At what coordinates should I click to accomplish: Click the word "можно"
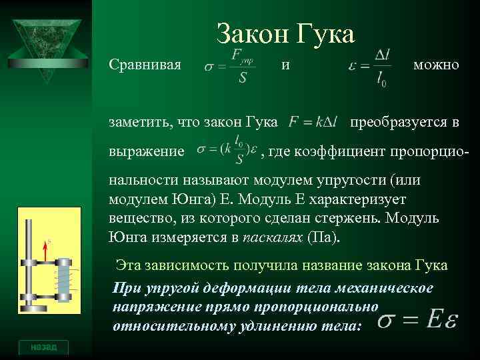(x=436, y=65)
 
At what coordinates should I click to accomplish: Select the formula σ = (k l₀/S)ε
(x=227, y=152)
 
